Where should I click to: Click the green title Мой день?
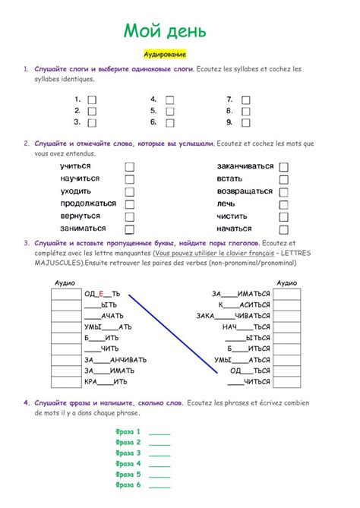164,32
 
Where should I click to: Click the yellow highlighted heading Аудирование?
165,55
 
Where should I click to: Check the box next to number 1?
92,99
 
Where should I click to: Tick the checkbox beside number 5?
169,111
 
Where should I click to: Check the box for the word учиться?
130,166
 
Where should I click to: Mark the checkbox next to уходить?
130,191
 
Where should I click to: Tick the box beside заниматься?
130,229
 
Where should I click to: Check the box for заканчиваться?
283,166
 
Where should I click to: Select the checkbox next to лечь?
283,204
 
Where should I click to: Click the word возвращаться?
244,191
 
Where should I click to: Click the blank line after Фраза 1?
160,431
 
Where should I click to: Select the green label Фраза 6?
127,484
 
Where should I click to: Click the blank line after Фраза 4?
160,463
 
